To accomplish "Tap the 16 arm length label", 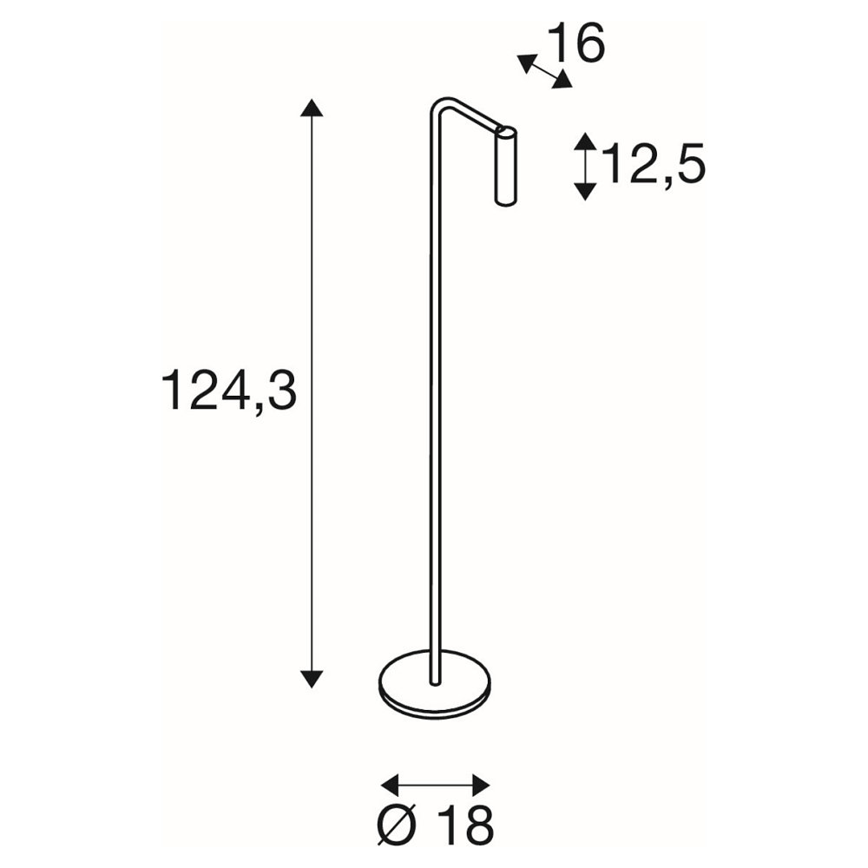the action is [x=576, y=43].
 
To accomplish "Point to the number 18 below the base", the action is [x=465, y=826].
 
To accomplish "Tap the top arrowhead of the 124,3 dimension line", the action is [x=312, y=108].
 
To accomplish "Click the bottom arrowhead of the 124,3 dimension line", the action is [x=312, y=678].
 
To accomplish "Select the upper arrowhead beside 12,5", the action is [x=585, y=141].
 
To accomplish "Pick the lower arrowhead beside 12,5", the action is [x=585, y=191].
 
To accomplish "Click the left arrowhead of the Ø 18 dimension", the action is [x=391, y=784].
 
